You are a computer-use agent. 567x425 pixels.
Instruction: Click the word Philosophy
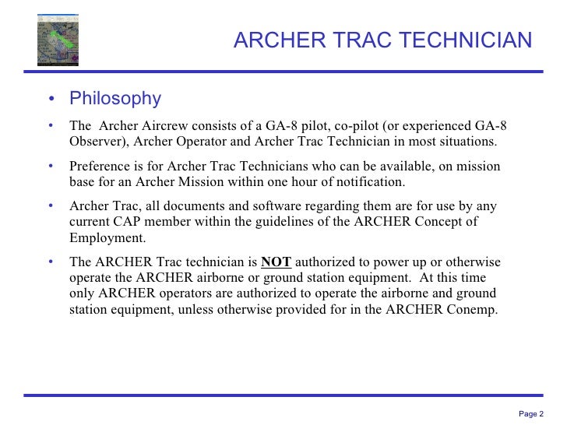[x=115, y=99]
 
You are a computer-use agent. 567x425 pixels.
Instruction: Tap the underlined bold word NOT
[x=276, y=262]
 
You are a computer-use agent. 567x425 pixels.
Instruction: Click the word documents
[x=193, y=206]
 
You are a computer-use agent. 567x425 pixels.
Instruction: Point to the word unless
[x=204, y=308]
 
